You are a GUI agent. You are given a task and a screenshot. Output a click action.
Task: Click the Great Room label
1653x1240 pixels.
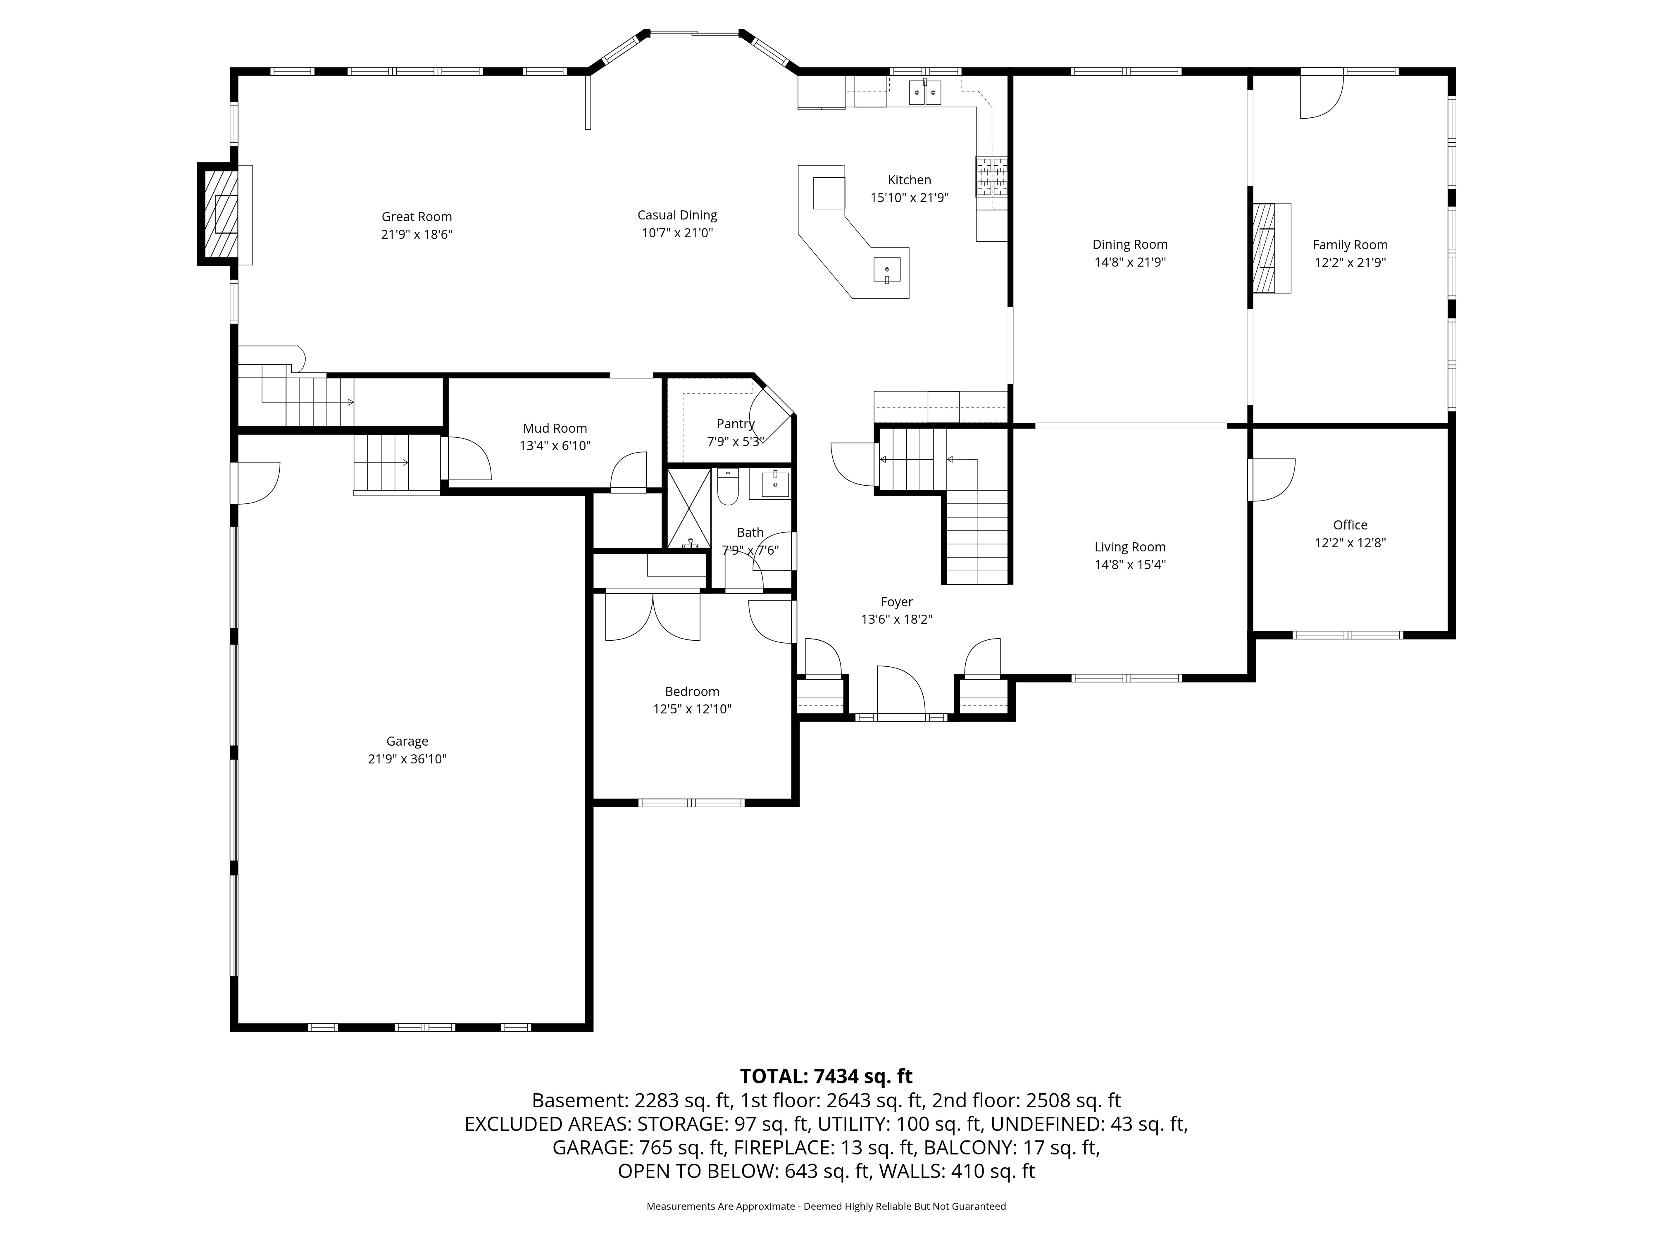click(x=416, y=217)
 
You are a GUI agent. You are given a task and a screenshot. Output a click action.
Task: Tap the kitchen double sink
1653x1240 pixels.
click(x=924, y=92)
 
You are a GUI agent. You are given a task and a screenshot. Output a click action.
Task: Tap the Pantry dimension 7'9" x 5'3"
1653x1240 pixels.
click(x=735, y=442)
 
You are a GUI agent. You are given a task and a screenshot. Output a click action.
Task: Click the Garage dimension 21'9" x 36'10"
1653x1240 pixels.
click(x=407, y=758)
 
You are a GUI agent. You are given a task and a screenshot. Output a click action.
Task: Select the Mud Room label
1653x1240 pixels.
click(x=555, y=428)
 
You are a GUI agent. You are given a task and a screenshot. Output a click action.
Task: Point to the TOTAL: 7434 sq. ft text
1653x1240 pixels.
click(x=826, y=1076)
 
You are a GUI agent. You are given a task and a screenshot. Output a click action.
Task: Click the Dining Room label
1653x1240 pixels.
click(x=1129, y=244)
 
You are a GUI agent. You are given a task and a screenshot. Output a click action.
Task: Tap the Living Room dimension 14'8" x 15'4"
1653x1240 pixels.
click(x=1129, y=565)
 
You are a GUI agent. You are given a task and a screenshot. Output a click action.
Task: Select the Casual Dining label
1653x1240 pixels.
click(x=677, y=215)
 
